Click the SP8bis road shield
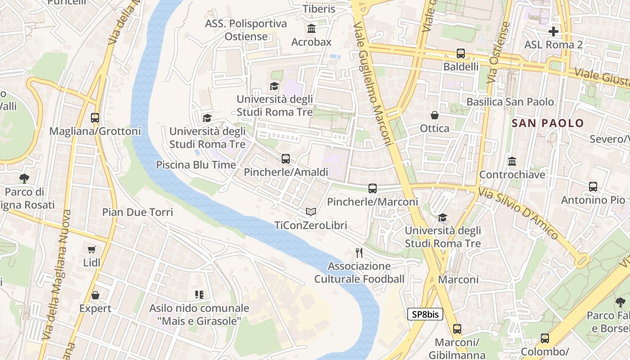tap(425, 314)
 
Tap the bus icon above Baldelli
tap(461, 53)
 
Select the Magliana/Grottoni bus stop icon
tap(95, 118)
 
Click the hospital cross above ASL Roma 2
tap(553, 31)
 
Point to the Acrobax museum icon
tap(311, 29)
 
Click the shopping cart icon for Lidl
tap(92, 249)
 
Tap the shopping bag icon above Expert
tap(95, 295)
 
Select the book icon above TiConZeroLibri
tap(311, 211)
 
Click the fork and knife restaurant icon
tap(359, 253)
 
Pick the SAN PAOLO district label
tap(548, 123)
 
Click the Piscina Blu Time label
tap(196, 165)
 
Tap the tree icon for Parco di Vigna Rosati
tap(24, 178)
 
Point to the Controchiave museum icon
tap(512, 161)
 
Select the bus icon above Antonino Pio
tap(593, 186)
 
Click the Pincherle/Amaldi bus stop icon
tap(286, 158)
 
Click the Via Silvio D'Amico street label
tap(518, 213)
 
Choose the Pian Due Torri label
tap(137, 212)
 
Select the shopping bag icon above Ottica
tap(435, 115)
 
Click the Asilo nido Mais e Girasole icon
tap(199, 295)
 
